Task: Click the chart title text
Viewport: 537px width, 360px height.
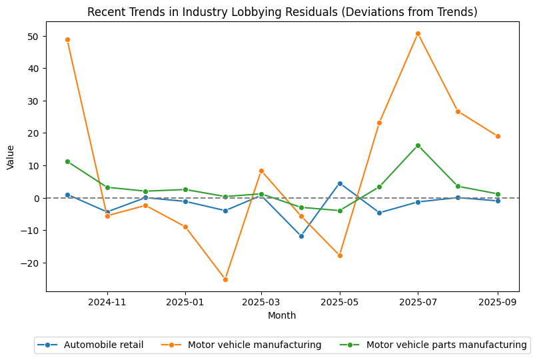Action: coord(282,12)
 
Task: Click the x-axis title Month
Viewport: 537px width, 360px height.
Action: coord(282,315)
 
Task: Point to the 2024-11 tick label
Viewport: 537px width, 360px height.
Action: coord(107,302)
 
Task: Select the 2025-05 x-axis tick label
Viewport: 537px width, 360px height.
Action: coord(340,302)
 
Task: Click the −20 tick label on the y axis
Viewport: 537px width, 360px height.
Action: coord(29,263)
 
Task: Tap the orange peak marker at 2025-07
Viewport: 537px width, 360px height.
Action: coord(418,33)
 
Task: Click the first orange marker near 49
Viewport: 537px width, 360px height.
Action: coord(67,39)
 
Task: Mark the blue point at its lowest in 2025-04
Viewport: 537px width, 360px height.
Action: coord(301,236)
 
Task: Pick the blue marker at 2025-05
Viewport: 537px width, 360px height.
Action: coord(340,183)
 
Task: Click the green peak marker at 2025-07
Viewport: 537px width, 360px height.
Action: coord(418,145)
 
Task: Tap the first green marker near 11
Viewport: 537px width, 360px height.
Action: coord(67,161)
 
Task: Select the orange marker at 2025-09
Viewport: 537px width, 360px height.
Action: coord(498,136)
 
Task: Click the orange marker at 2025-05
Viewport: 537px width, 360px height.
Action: coord(340,255)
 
